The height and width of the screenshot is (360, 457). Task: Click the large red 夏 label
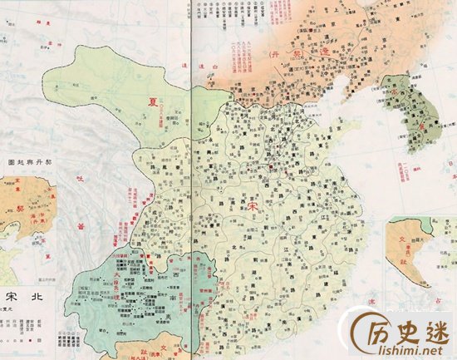(153, 102)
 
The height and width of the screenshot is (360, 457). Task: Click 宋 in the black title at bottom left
(12, 296)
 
